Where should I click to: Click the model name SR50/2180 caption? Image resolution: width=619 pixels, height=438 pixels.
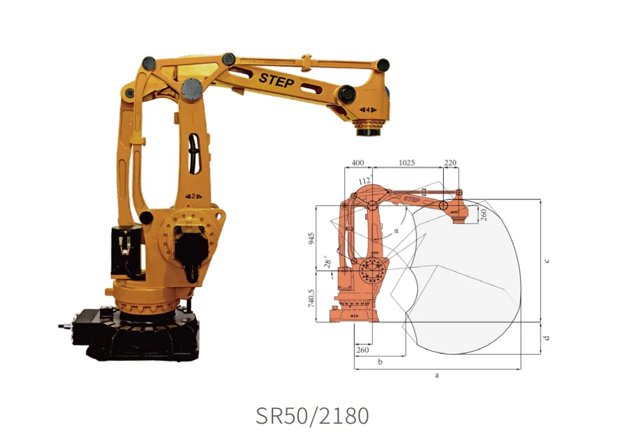point(312,415)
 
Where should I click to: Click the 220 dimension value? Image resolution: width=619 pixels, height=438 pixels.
point(450,163)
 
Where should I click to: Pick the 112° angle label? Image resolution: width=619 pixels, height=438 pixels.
point(365,181)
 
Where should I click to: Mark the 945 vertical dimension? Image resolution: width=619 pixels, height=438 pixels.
point(312,239)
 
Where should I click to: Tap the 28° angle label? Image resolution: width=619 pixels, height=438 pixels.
point(327,259)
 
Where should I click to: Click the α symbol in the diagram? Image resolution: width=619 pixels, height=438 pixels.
point(396,231)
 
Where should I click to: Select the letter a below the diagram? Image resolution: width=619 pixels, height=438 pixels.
point(437,375)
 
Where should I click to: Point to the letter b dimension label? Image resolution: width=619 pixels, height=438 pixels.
point(380,361)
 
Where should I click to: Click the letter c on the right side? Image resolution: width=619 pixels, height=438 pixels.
point(547,260)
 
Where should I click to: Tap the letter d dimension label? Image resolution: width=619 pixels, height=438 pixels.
point(547,338)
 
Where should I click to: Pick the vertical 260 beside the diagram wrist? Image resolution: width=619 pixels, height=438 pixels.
point(482,214)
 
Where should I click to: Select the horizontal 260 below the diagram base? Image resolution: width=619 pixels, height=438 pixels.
point(362,350)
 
